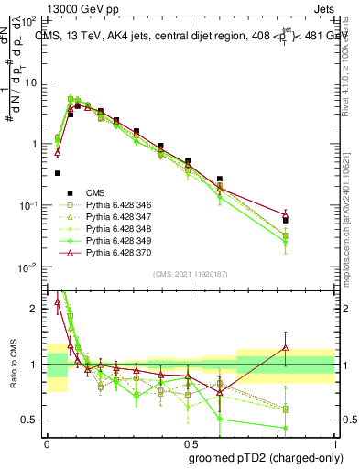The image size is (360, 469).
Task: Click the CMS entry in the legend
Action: click(x=82, y=193)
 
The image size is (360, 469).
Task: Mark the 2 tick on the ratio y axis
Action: click(x=37, y=309)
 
